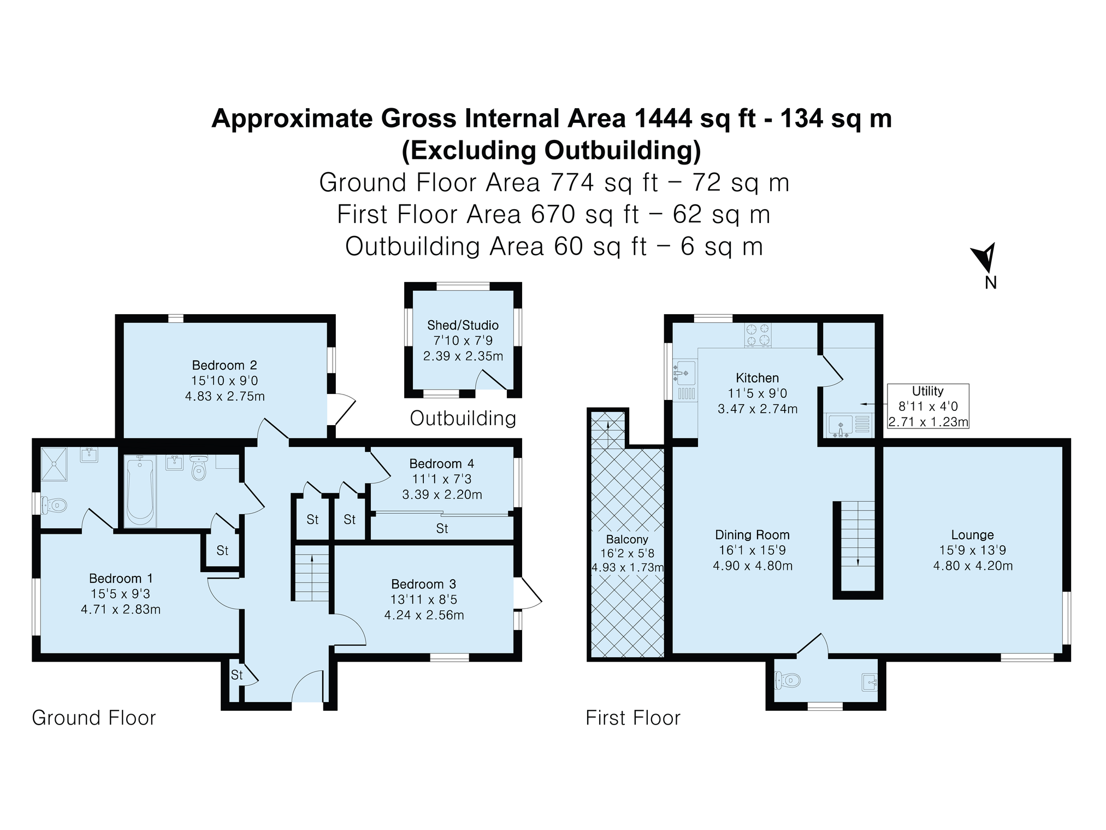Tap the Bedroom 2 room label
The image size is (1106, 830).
click(x=224, y=365)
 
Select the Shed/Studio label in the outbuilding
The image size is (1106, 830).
click(x=463, y=325)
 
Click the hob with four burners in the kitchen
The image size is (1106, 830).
click(x=758, y=334)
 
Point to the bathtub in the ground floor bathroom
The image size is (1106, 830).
click(x=140, y=491)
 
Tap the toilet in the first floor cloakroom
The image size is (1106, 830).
click(x=787, y=680)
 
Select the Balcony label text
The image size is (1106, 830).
click(x=627, y=539)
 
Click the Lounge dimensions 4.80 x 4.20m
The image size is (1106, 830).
click(x=973, y=566)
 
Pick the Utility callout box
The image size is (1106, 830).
click(x=928, y=406)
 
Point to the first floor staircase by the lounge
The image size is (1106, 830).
click(x=858, y=546)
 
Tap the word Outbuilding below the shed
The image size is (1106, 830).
click(x=463, y=418)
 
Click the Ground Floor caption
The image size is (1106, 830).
click(x=94, y=717)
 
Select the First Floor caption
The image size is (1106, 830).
click(x=633, y=717)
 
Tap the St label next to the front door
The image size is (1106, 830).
click(x=236, y=675)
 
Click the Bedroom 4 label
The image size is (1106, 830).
click(x=442, y=463)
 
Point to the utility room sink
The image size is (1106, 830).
click(x=841, y=425)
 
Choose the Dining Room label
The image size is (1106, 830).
click(x=753, y=534)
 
